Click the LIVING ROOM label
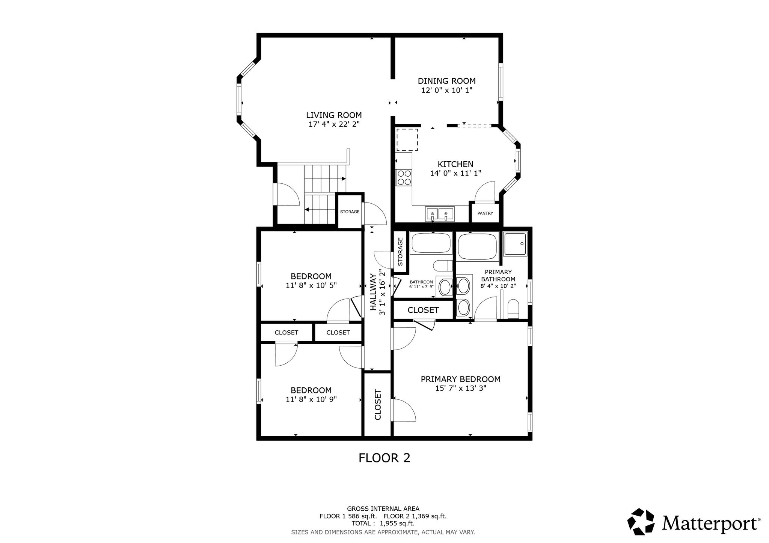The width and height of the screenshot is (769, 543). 334,115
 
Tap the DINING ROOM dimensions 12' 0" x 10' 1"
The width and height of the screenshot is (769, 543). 446,90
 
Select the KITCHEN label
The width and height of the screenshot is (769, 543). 455,164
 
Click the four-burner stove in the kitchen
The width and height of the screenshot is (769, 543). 404,177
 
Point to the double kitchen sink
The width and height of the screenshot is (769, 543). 439,214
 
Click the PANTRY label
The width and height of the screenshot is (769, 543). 485,213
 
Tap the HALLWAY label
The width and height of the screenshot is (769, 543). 373,292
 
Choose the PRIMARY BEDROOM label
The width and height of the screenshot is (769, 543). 460,379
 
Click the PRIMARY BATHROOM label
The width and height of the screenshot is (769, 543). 498,276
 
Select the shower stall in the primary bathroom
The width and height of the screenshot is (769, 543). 515,244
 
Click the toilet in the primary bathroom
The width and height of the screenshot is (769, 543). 513,309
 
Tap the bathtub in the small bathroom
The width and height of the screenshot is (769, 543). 431,243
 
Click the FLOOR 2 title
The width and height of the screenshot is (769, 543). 384,458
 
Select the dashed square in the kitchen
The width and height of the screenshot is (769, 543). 407,140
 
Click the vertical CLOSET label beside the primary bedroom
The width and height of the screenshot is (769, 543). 378,405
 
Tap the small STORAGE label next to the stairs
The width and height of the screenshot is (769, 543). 350,212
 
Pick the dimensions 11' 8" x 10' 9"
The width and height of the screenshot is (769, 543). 311,399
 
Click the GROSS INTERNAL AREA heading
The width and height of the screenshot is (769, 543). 383,509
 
